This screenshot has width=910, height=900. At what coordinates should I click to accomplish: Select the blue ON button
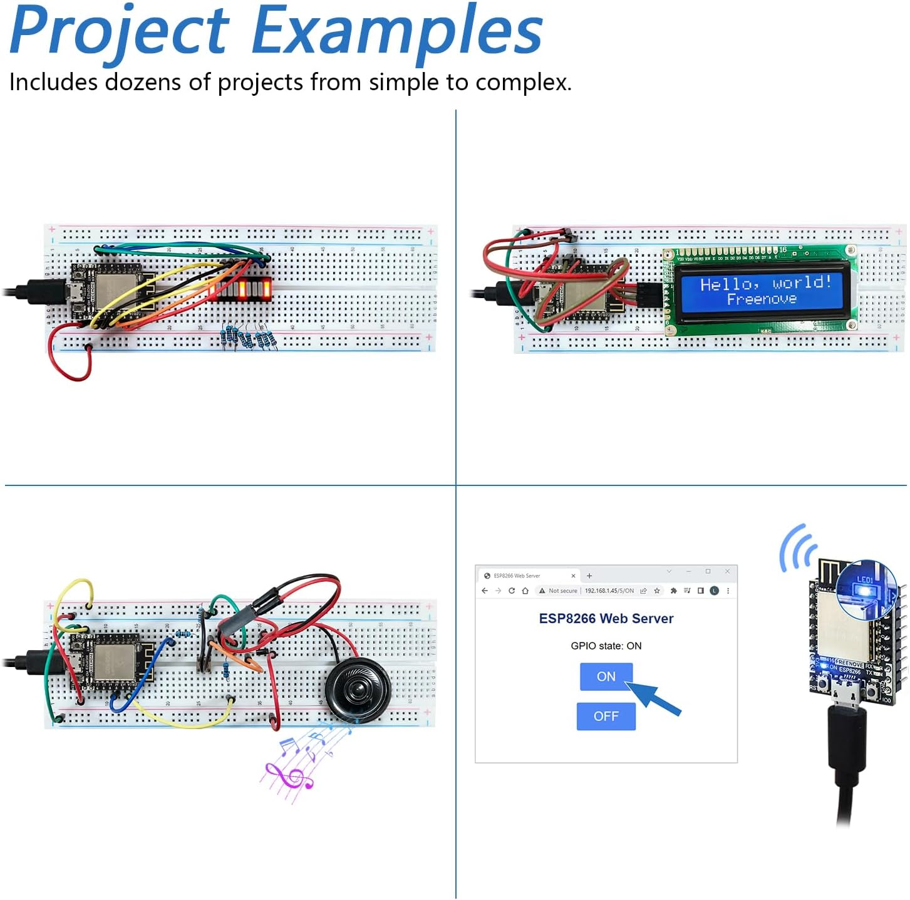(606, 676)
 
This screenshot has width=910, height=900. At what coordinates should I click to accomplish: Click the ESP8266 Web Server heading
(606, 619)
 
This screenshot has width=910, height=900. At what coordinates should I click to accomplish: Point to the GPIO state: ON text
(606, 646)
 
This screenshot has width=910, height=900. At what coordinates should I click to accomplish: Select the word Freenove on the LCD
(762, 300)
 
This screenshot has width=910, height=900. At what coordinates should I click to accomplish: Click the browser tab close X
(573, 576)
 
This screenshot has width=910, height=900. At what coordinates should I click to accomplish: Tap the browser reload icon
(512, 591)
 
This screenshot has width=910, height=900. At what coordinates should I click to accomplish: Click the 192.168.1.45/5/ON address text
(609, 591)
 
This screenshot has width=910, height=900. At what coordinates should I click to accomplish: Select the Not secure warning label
(562, 591)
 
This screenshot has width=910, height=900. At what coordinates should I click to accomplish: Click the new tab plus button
(589, 576)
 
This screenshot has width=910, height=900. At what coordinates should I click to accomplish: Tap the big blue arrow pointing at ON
(654, 699)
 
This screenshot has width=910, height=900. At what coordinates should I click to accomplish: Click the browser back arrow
(485, 591)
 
